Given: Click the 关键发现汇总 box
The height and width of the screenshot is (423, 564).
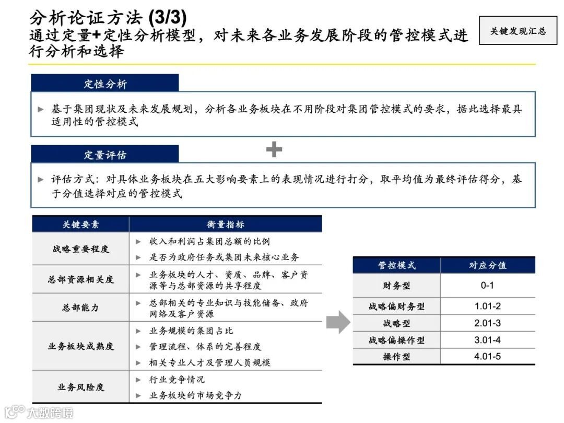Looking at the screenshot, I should (x=518, y=31).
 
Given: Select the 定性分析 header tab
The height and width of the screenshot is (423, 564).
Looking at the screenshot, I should (x=105, y=84).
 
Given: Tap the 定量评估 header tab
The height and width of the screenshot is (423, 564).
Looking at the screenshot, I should (x=105, y=155).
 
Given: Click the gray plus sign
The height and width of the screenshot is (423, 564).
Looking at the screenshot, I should (x=274, y=150).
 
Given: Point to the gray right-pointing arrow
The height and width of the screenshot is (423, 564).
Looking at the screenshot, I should (x=338, y=322).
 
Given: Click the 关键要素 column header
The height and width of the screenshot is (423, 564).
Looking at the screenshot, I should (x=80, y=224).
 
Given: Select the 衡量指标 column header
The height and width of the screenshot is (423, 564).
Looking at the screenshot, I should (x=225, y=224).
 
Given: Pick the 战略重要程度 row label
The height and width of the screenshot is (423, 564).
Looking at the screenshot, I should (x=80, y=249).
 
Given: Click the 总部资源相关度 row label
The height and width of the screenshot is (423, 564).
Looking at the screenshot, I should (x=80, y=279).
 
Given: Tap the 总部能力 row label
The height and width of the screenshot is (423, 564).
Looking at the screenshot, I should (x=80, y=308).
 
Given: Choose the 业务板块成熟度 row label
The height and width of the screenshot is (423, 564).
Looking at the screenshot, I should (x=80, y=346).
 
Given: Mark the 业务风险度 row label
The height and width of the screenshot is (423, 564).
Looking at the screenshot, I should (x=80, y=387).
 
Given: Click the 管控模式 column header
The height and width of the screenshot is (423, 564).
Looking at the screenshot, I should (x=396, y=265).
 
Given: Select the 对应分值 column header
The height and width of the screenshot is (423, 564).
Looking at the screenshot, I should (x=487, y=265).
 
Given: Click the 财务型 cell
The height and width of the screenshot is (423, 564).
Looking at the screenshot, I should (x=396, y=286).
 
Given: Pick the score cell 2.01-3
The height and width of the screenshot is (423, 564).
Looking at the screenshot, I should (x=487, y=323).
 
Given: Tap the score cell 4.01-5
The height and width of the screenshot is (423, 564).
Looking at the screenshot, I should (x=487, y=357).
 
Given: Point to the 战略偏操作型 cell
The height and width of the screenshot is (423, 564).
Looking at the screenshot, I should (x=396, y=340).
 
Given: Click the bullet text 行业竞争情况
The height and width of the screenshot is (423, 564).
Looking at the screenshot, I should (x=177, y=379).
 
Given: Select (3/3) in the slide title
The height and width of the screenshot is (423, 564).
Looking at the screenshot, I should (x=167, y=18).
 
